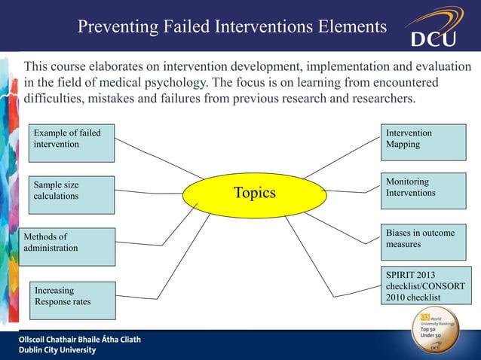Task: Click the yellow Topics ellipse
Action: tap(255, 194)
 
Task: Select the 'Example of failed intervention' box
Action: tap(72, 144)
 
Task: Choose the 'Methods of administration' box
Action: tap(68, 246)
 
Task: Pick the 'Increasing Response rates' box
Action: tap(72, 299)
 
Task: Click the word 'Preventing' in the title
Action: tap(116, 29)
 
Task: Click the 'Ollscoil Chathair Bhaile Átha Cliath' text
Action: tap(80, 340)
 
